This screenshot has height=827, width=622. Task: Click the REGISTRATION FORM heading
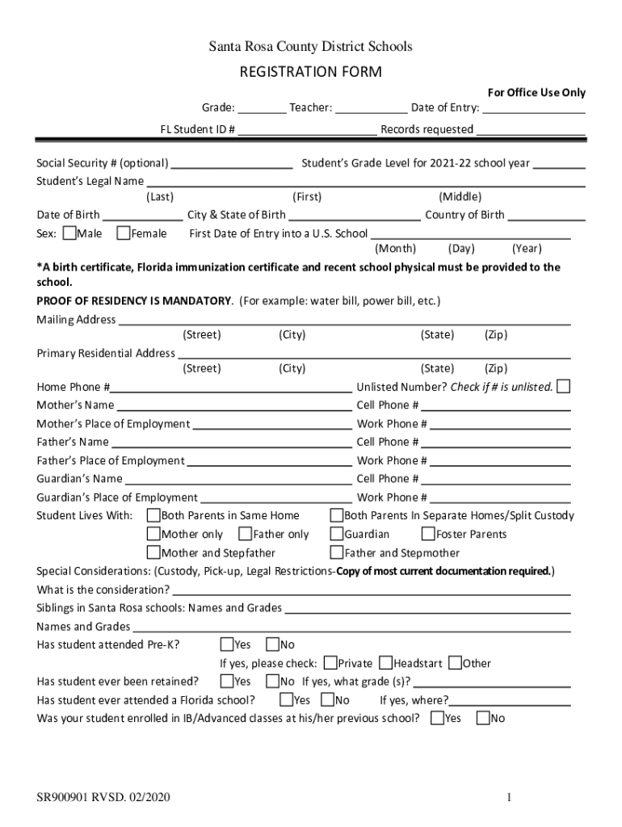click(310, 73)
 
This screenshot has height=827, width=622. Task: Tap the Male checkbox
click(69, 233)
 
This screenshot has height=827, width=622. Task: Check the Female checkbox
click(124, 233)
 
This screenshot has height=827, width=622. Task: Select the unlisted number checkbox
click(564, 386)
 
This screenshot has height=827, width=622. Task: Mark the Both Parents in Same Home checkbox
click(153, 515)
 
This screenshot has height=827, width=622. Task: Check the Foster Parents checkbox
click(428, 534)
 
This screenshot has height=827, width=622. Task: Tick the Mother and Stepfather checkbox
click(153, 552)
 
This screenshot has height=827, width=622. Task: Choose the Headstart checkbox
click(385, 663)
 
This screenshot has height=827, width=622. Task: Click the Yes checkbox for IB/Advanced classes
click(438, 717)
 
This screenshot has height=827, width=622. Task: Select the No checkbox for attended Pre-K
click(272, 644)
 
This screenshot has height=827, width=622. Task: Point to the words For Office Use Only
click(536, 93)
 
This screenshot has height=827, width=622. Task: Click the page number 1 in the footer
click(510, 799)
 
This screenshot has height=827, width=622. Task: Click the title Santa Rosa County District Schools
click(310, 47)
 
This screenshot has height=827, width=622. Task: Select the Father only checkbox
click(245, 534)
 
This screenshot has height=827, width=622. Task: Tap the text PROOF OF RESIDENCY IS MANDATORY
click(134, 301)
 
